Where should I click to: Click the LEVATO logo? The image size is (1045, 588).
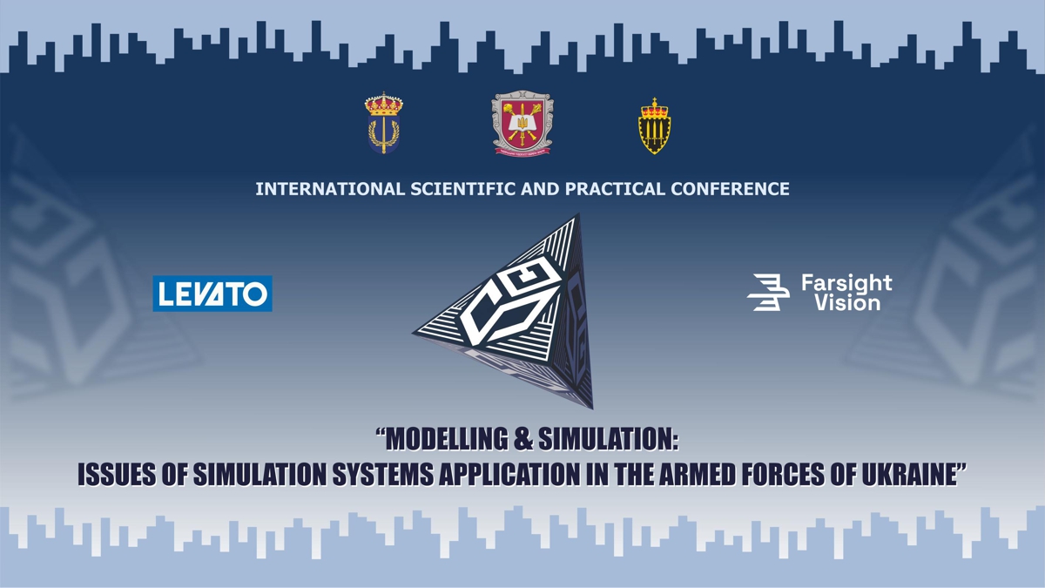[x=212, y=294]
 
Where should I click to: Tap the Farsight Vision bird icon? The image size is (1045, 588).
[x=768, y=292]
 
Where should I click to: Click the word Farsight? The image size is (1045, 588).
[x=846, y=283]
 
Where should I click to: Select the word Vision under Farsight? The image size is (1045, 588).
[x=847, y=302]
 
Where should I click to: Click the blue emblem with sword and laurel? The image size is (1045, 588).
[x=383, y=123]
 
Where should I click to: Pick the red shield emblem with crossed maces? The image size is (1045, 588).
[x=522, y=123]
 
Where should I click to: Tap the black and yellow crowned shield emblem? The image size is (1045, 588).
[x=654, y=126]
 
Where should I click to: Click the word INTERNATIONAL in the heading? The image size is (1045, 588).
[x=330, y=189]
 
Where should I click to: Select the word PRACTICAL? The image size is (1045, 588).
[x=615, y=189]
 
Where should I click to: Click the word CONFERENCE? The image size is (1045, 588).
[x=730, y=189]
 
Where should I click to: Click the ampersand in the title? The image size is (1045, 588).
[x=522, y=439]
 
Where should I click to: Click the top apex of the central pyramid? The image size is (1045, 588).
[x=579, y=213]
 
